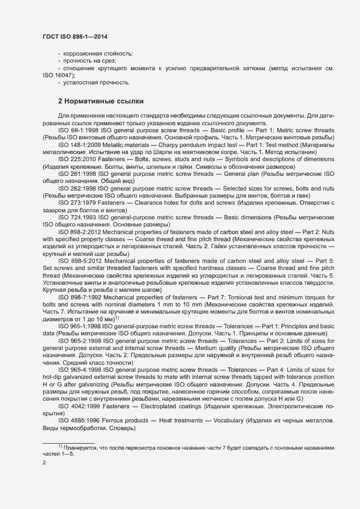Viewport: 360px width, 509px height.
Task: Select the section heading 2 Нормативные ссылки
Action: [x=93, y=101]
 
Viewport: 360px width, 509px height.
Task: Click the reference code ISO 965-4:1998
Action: [x=78, y=384]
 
